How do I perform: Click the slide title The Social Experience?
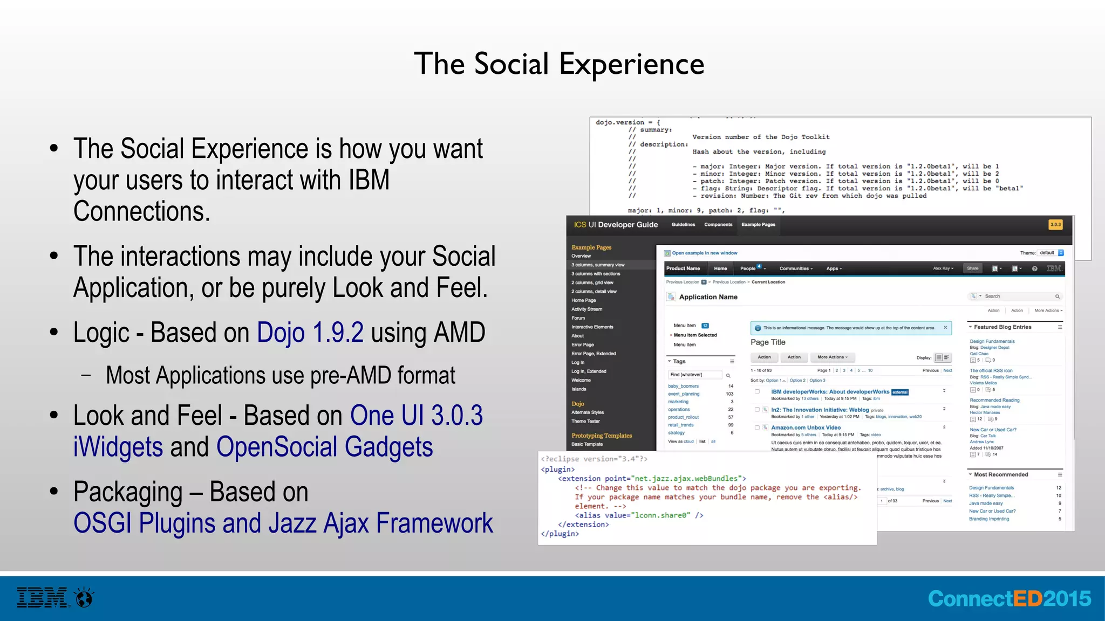tap(559, 64)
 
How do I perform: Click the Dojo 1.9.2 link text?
tap(310, 333)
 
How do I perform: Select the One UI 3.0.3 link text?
tap(416, 416)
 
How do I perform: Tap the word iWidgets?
tap(118, 447)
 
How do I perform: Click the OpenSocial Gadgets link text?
tap(324, 447)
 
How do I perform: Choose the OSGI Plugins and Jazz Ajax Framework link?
tap(283, 523)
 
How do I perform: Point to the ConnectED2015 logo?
tap(1009, 598)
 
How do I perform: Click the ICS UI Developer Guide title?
tap(616, 225)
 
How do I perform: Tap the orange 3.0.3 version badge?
tap(1055, 225)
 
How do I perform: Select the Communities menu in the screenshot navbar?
tap(795, 268)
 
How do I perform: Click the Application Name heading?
tap(708, 297)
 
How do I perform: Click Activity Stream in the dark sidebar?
tap(586, 309)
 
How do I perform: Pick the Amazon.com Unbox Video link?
tap(806, 427)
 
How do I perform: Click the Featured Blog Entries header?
tap(1002, 327)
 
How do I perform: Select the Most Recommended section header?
tap(1000, 475)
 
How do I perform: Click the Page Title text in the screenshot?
tap(767, 342)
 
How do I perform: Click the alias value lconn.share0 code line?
tap(639, 515)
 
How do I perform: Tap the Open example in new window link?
tap(704, 253)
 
